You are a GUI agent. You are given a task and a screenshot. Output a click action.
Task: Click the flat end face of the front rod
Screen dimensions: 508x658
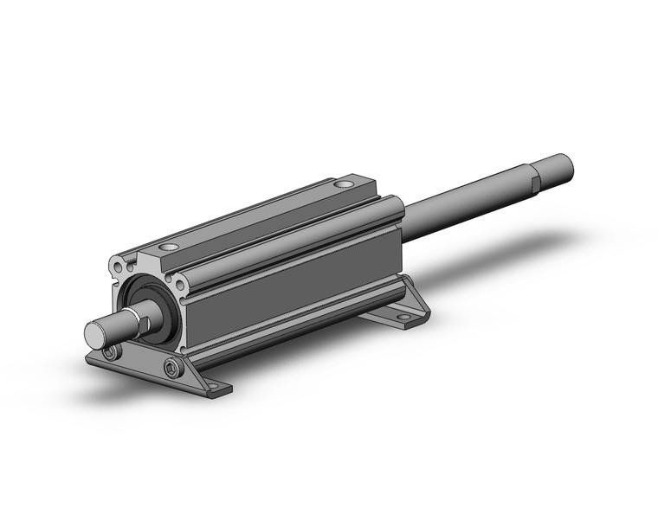[x=94, y=333]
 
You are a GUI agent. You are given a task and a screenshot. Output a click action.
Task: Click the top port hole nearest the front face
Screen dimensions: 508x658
[x=169, y=248]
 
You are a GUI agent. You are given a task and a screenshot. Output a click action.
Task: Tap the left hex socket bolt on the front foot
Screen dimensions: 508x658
[x=110, y=352]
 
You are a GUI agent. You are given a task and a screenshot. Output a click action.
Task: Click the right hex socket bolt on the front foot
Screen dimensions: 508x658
[x=171, y=370]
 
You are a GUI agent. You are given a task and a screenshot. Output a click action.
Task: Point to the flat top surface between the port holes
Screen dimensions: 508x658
[x=260, y=216]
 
